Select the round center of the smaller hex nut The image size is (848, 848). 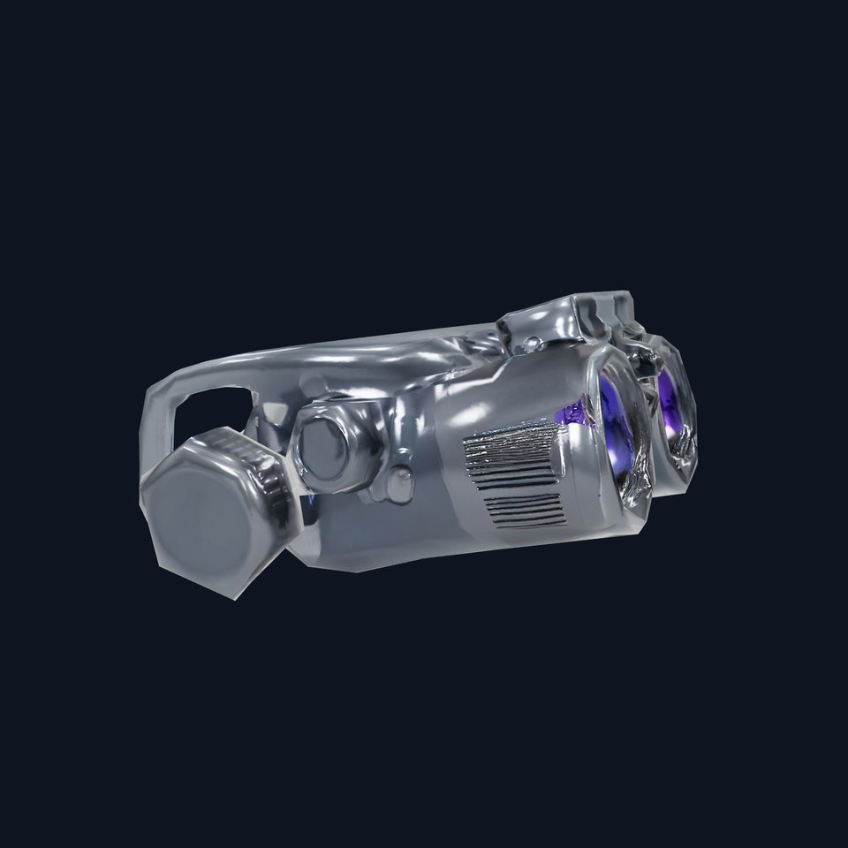pyautogui.click(x=319, y=438)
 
